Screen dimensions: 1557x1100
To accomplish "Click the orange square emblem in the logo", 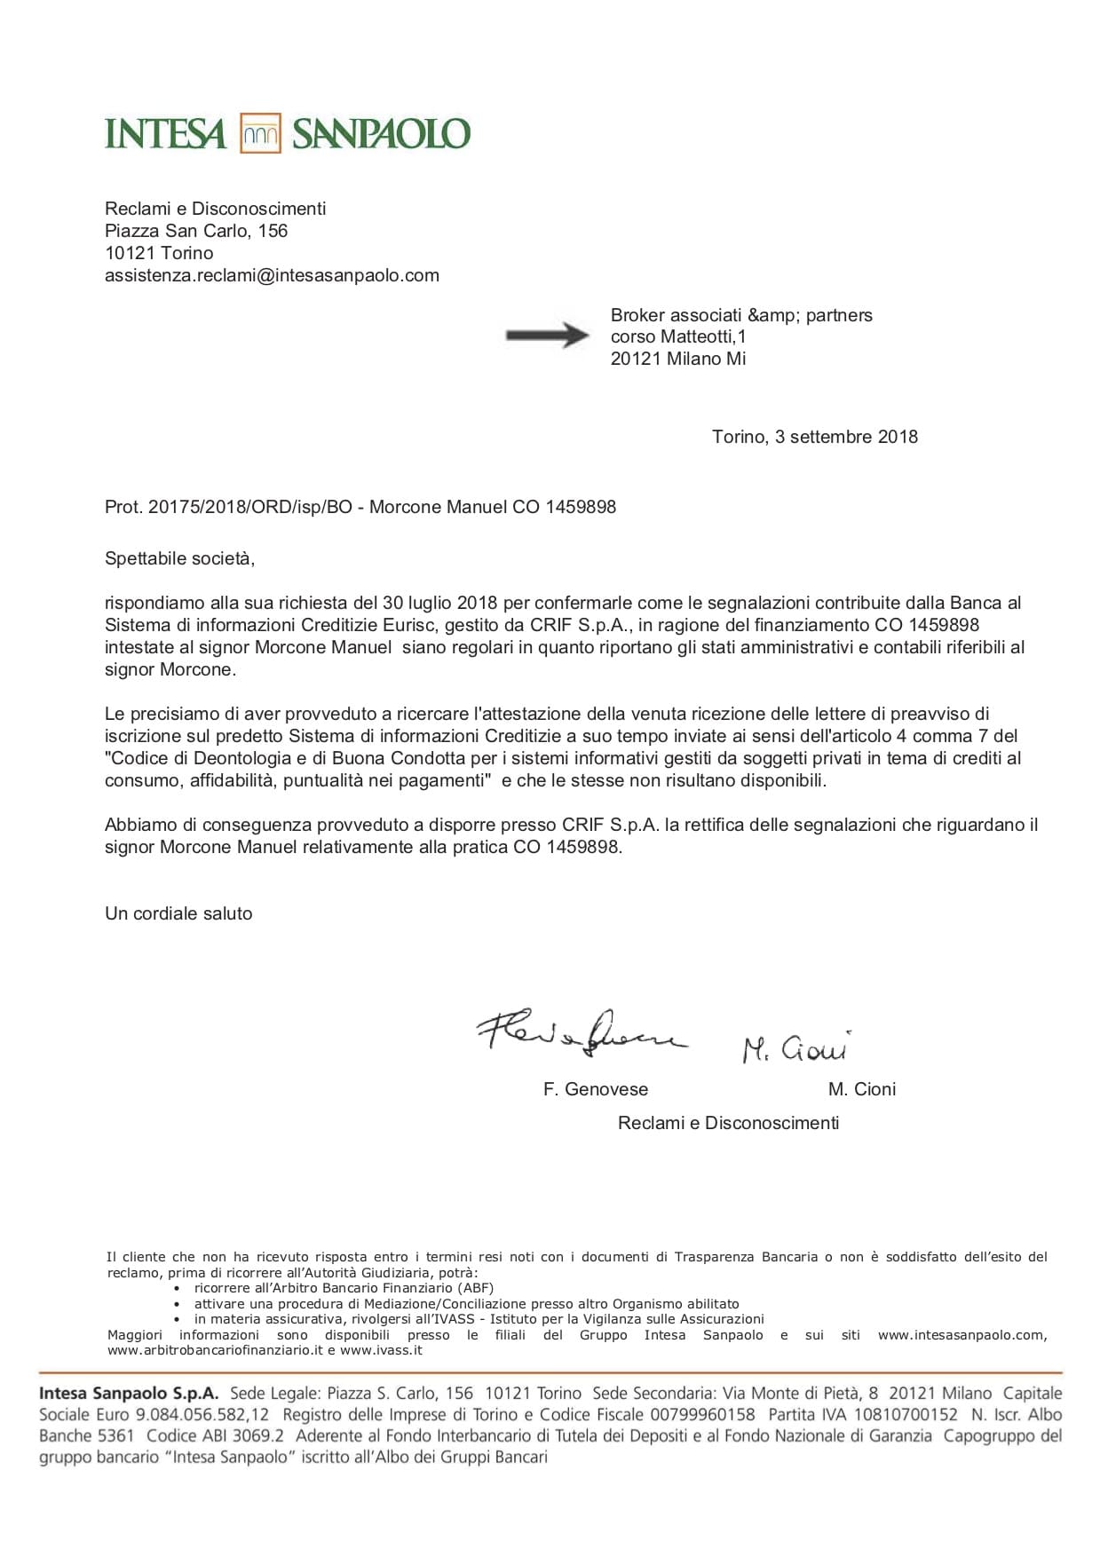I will pos(260,134).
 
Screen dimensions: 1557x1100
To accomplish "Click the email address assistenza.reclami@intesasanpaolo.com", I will pos(272,275).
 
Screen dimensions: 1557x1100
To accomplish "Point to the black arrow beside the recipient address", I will pos(547,336).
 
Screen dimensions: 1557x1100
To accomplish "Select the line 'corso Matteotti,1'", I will pos(678,336).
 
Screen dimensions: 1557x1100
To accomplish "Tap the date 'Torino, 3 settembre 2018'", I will pos(814,437).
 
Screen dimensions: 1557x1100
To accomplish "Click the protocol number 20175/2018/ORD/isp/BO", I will pos(250,507).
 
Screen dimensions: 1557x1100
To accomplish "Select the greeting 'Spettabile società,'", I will pos(179,558).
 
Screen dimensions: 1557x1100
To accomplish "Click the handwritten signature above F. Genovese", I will pos(582,1031).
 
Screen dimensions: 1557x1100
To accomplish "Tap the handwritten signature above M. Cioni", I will pos(795,1047).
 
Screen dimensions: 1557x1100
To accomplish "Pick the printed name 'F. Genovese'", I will pos(595,1089).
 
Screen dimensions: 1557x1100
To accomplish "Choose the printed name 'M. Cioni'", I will pos(861,1089).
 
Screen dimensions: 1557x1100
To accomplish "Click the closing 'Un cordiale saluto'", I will pos(178,913).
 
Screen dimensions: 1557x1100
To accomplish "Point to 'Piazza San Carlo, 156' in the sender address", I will pos(196,231).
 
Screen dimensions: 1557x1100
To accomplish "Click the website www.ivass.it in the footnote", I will pos(381,1350).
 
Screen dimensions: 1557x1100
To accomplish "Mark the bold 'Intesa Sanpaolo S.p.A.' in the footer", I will pos(129,1394).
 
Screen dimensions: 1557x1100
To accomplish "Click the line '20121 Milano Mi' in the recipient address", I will pos(678,359).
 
